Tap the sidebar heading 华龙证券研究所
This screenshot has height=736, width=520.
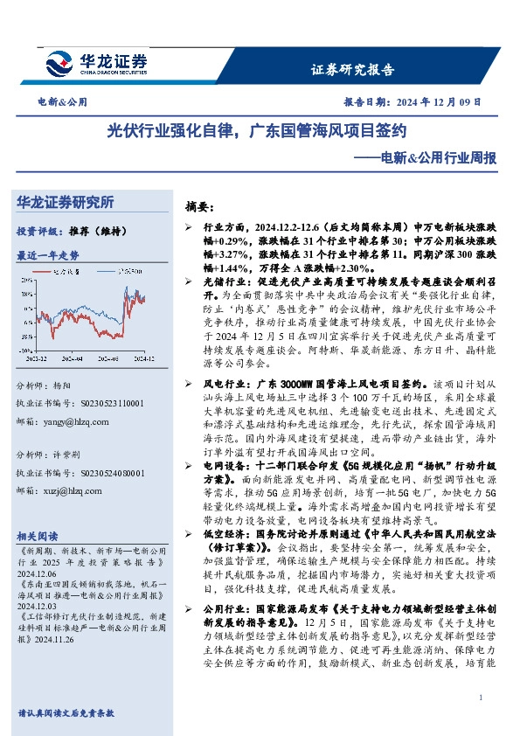coord(66,202)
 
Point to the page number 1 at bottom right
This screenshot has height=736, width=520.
coord(482,697)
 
